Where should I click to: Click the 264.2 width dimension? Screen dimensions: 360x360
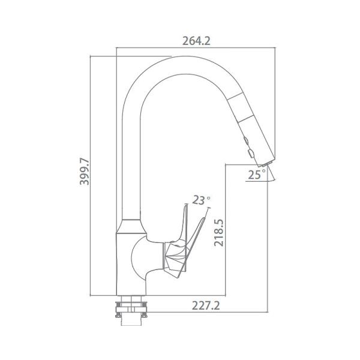(x=197, y=41)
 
